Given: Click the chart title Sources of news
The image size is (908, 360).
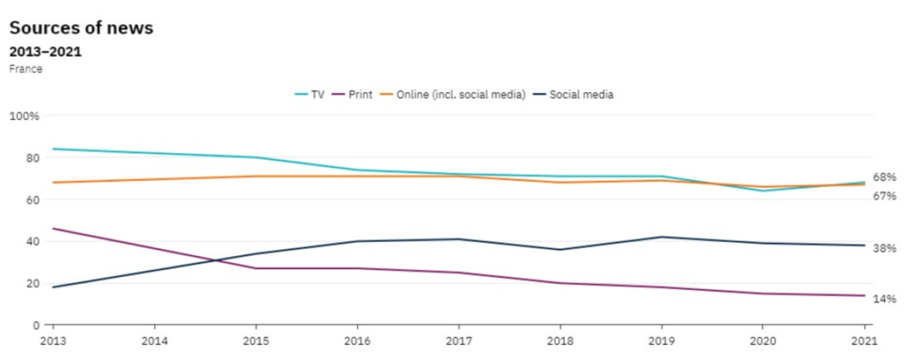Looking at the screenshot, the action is (82, 27).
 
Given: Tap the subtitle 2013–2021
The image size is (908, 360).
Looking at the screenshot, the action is (45, 51).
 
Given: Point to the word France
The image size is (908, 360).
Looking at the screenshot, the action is (26, 69).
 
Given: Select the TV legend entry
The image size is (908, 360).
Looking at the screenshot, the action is (309, 94).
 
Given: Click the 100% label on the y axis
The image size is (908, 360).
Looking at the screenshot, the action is (25, 116).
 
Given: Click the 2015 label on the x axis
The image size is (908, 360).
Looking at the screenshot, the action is (254, 340).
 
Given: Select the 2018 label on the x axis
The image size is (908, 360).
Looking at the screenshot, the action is (560, 340).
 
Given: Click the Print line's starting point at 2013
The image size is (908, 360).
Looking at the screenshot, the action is (52, 229).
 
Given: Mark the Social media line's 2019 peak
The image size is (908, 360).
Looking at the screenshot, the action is (661, 237).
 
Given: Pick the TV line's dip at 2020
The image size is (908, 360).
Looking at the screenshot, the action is (763, 191).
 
